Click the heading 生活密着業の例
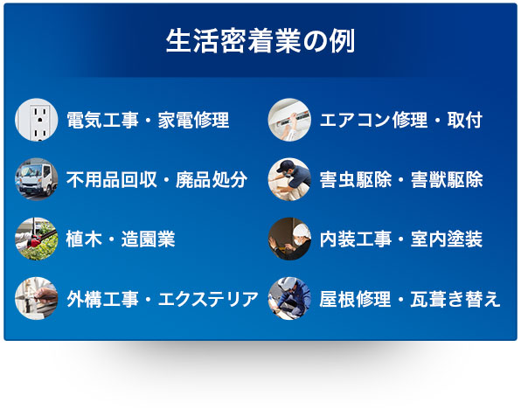(260, 42)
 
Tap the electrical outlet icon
(37, 121)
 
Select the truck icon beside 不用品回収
(37, 180)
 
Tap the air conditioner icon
(289, 121)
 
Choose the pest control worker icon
(289, 180)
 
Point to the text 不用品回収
(110, 180)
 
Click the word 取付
(464, 121)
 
